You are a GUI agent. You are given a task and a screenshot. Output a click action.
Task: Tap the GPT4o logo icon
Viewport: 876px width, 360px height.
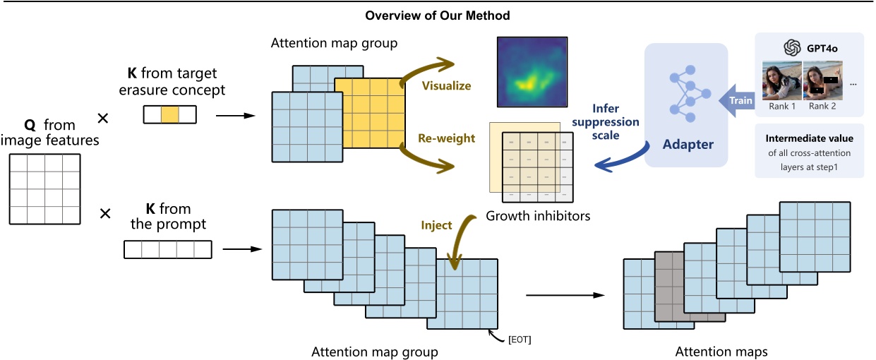[x=791, y=48]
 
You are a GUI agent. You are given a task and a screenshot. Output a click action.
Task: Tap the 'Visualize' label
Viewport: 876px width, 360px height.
[x=446, y=85]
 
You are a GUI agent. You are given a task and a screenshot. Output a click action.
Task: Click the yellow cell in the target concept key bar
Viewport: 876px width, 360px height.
[x=169, y=114]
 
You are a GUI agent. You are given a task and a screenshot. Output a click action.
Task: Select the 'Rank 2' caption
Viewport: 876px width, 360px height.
[x=823, y=107]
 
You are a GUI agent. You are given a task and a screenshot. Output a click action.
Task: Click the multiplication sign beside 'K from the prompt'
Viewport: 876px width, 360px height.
[x=105, y=212]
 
